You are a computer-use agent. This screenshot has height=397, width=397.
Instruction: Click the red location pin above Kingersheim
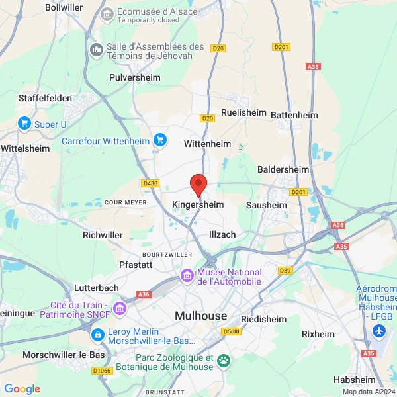coord(198,184)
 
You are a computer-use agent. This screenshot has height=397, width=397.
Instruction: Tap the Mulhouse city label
coord(200,316)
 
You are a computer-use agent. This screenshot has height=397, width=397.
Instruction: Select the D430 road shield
coord(150,183)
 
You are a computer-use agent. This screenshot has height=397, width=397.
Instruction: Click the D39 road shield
coord(285,270)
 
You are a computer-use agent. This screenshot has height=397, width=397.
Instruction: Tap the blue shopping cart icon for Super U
coord(24,123)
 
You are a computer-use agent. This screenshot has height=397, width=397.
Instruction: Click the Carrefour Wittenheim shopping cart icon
coord(159,140)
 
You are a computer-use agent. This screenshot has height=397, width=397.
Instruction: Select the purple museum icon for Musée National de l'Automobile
coord(187,275)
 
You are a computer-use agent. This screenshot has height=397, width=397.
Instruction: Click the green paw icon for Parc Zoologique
coord(224,361)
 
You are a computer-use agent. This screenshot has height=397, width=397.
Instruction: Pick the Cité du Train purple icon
coord(120,308)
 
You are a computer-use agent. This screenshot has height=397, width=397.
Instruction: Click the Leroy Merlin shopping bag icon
coord(98,335)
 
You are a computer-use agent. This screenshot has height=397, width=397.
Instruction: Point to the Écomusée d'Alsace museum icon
coord(107,14)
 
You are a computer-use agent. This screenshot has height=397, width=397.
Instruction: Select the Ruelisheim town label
coord(243,113)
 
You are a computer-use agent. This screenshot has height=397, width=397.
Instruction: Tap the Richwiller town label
coord(103,234)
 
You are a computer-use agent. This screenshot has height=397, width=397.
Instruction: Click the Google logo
coord(22,389)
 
